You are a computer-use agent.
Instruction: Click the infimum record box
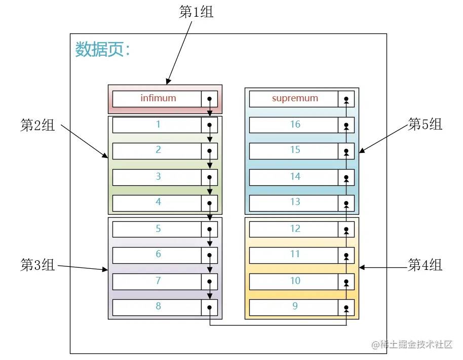(x=158, y=99)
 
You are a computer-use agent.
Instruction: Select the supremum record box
(x=294, y=99)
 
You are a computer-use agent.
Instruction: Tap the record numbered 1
(x=158, y=125)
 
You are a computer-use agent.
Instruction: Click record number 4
(x=158, y=203)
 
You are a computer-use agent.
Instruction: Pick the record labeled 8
(x=158, y=307)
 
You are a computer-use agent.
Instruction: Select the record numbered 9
(x=294, y=307)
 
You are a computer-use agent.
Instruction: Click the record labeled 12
(x=294, y=229)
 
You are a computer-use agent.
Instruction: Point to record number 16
(x=294, y=125)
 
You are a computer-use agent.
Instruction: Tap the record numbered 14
(x=294, y=177)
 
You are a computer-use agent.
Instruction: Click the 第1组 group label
(x=197, y=12)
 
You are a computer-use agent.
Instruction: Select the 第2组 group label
(x=37, y=126)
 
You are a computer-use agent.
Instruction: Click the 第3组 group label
(x=37, y=265)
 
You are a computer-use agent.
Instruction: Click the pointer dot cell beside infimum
(x=210, y=99)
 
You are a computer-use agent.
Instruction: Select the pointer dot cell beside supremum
(x=346, y=99)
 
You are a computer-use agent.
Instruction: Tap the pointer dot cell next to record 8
(x=210, y=307)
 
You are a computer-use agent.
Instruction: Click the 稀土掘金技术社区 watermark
(x=412, y=344)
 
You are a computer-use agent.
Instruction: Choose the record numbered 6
(x=158, y=255)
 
